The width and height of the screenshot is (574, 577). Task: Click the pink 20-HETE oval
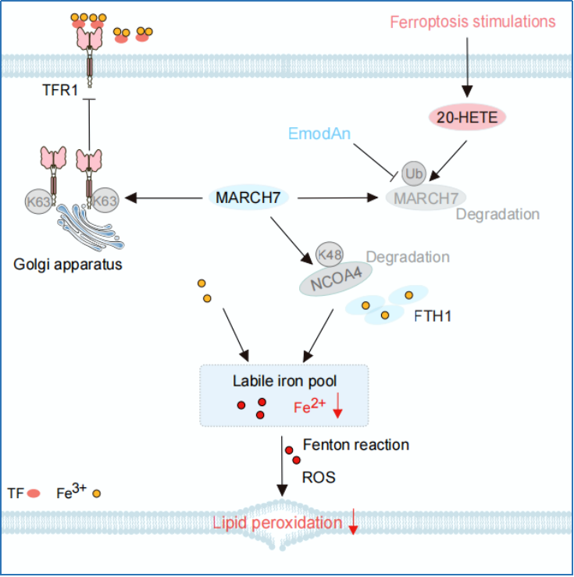pyautogui.click(x=467, y=117)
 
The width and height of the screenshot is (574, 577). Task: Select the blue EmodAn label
pyautogui.click(x=319, y=134)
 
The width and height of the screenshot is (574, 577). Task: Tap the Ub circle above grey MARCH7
pyautogui.click(x=414, y=173)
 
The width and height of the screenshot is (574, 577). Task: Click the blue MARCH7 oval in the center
pyautogui.click(x=248, y=198)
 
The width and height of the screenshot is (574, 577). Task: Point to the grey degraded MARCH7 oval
pyautogui.click(x=426, y=198)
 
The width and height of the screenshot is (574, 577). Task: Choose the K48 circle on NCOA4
pyautogui.click(x=330, y=254)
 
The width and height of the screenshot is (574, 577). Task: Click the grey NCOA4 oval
pyautogui.click(x=336, y=279)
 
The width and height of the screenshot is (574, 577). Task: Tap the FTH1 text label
pyautogui.click(x=433, y=316)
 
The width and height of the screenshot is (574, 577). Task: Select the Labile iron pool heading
pyautogui.click(x=284, y=381)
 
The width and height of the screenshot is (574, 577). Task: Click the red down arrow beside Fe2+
pyautogui.click(x=338, y=405)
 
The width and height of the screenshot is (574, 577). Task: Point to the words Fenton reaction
pyautogui.click(x=356, y=445)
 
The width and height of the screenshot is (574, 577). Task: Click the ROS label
pyautogui.click(x=319, y=477)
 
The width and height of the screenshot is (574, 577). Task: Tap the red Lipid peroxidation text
pyautogui.click(x=277, y=523)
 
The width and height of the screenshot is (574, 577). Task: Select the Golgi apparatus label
pyautogui.click(x=68, y=265)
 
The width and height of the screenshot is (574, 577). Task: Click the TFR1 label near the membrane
pyautogui.click(x=60, y=90)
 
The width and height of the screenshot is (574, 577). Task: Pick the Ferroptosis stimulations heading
pyautogui.click(x=472, y=22)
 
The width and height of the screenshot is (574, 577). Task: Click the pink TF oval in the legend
pyautogui.click(x=34, y=493)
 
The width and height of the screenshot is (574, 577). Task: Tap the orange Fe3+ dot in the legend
pyautogui.click(x=96, y=493)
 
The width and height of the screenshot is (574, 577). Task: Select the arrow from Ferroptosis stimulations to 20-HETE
pyautogui.click(x=467, y=67)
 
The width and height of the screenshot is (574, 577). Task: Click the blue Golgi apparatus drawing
pyautogui.click(x=91, y=227)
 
